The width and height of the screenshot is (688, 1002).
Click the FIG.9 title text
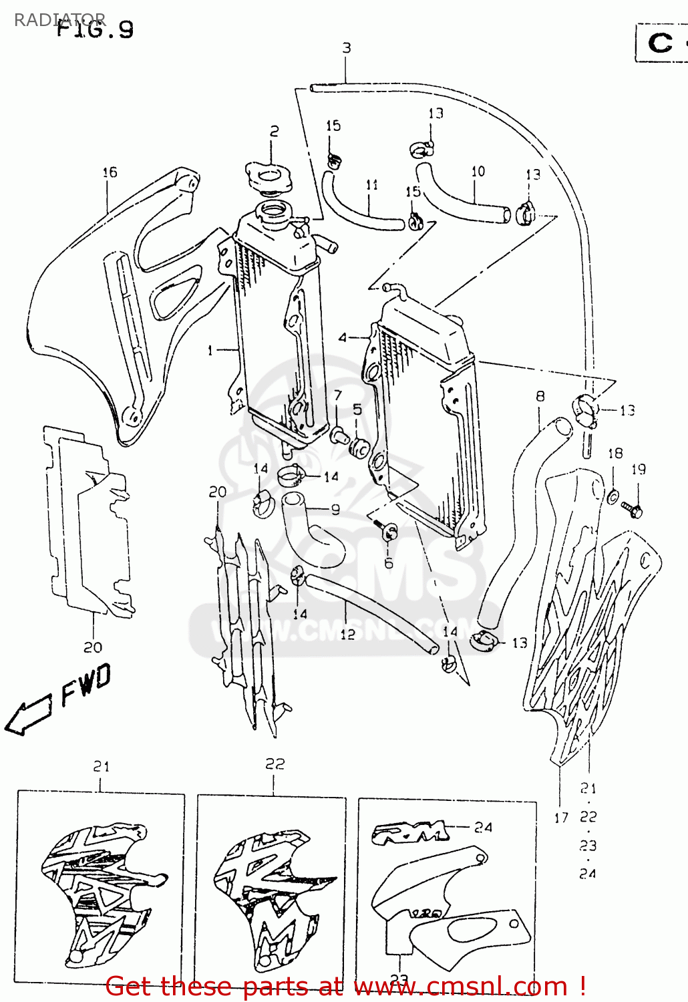pyautogui.click(x=95, y=29)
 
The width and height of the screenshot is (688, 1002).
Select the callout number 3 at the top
pyautogui.click(x=346, y=48)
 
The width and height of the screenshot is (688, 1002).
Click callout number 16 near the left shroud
pyautogui.click(x=110, y=172)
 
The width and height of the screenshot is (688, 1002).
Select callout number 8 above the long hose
pyautogui.click(x=540, y=396)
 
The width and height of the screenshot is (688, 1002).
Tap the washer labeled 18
pyautogui.click(x=612, y=496)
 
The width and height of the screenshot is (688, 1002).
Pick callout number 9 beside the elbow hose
pyautogui.click(x=335, y=509)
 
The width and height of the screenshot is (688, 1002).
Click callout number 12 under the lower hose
pyautogui.click(x=347, y=633)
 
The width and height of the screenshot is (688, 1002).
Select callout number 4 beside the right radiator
pyautogui.click(x=343, y=338)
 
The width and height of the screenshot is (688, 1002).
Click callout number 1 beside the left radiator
pyautogui.click(x=210, y=350)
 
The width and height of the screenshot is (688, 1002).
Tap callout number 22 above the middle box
pyautogui.click(x=275, y=764)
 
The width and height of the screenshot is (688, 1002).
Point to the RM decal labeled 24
pyautogui.click(x=409, y=832)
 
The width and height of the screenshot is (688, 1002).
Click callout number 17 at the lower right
pyautogui.click(x=561, y=817)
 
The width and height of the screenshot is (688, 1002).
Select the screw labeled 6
pyautogui.click(x=388, y=532)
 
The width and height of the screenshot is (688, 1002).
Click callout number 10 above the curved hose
pyautogui.click(x=478, y=172)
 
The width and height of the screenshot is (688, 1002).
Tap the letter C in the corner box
pyautogui.click(x=660, y=43)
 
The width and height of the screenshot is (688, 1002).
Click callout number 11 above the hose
pyautogui.click(x=372, y=184)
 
